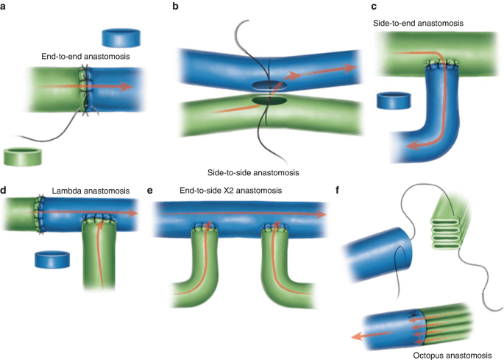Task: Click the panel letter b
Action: (174, 7)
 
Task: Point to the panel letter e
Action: (151, 191)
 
